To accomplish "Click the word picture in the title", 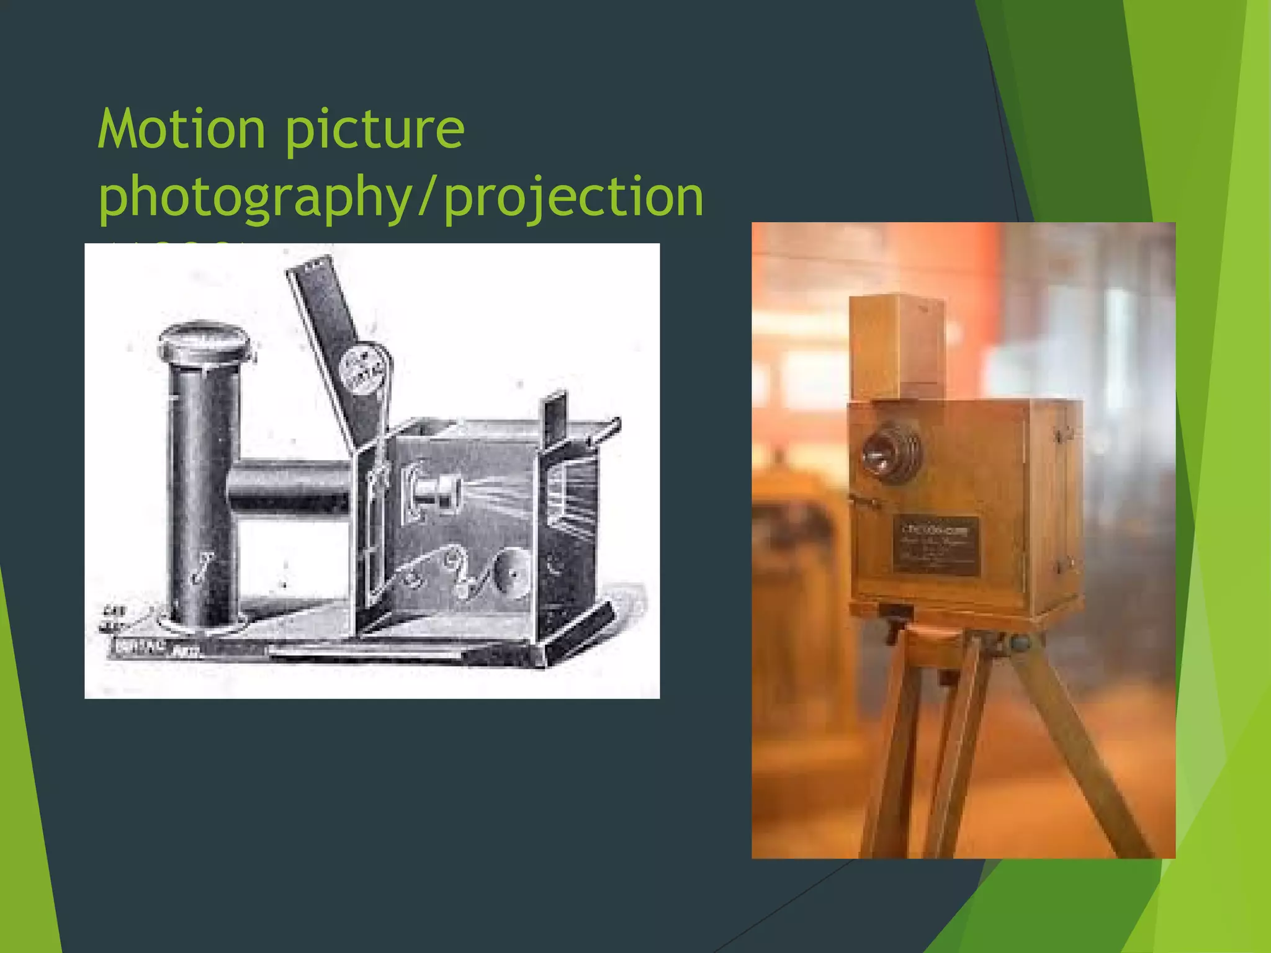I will (x=374, y=130).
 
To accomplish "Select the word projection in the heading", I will (x=574, y=197).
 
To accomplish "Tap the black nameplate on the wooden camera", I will (x=936, y=544).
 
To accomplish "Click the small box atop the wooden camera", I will (x=897, y=346).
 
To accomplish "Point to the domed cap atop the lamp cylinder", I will (x=205, y=340).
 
